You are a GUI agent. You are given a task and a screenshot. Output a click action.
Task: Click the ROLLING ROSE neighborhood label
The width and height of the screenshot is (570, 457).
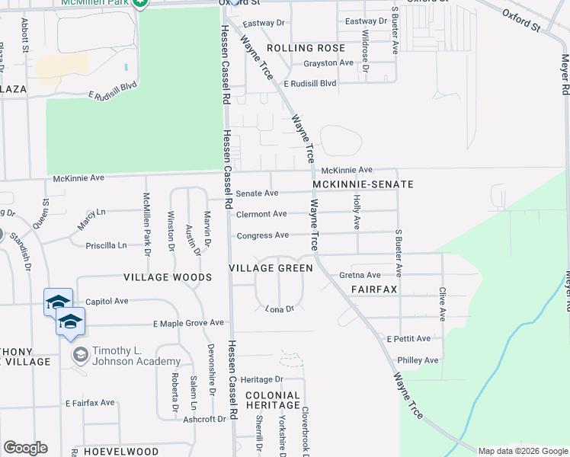pyautogui.click(x=300, y=48)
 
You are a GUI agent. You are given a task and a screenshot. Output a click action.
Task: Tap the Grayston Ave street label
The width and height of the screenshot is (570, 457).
pyautogui.click(x=328, y=63)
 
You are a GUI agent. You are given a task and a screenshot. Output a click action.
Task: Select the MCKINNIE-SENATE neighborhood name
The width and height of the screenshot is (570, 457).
pyautogui.click(x=363, y=184)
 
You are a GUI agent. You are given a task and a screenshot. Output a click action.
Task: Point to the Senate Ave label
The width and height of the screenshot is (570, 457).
pyautogui.click(x=257, y=194)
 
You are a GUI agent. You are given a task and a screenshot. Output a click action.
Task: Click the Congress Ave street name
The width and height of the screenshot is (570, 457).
pyautogui.click(x=262, y=235)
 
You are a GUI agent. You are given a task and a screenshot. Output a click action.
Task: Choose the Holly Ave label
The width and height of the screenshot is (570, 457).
pyautogui.click(x=356, y=211)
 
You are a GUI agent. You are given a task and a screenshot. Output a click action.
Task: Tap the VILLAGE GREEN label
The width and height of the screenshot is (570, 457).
pyautogui.click(x=271, y=268)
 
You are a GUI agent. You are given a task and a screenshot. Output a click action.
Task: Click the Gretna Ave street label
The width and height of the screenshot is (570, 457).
pyautogui.click(x=360, y=275)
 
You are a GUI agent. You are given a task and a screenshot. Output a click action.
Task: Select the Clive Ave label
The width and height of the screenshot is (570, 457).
pyautogui.click(x=442, y=303)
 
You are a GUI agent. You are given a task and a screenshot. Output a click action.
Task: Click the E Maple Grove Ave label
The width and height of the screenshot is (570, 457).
pyautogui.click(x=188, y=323)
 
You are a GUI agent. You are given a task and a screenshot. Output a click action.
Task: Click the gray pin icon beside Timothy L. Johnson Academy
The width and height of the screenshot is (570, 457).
pyautogui.click(x=80, y=355)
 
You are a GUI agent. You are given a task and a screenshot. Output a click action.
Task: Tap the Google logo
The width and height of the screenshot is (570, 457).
pyautogui.click(x=25, y=448)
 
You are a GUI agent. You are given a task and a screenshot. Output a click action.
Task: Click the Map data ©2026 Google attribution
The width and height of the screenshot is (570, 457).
pyautogui.click(x=523, y=451)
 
